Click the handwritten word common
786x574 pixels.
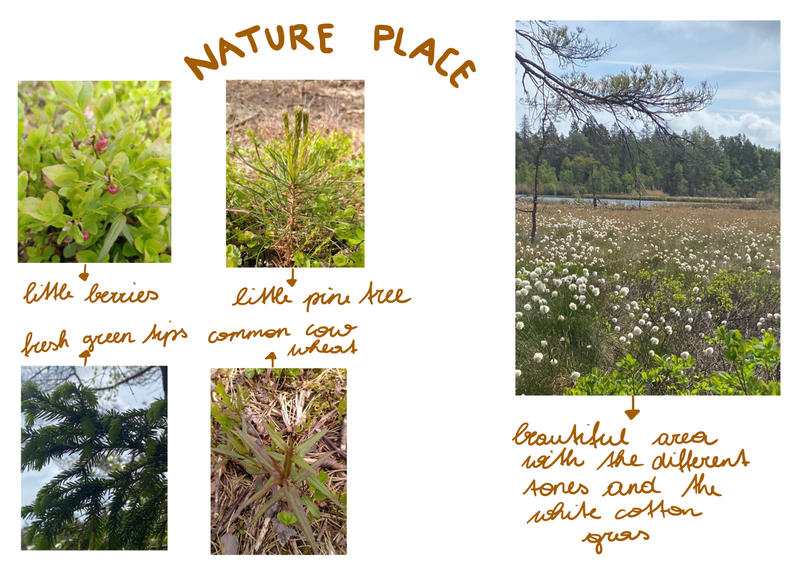click(x=249, y=334)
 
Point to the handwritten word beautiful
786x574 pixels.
click(x=571, y=435)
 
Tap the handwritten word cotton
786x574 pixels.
click(x=658, y=511)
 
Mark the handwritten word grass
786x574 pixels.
click(x=616, y=539)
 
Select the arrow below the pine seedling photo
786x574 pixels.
click(x=292, y=277)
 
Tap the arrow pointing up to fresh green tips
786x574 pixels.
click(x=84, y=358)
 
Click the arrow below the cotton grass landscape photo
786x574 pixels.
click(x=633, y=408)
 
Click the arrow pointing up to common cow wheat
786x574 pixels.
click(x=271, y=360)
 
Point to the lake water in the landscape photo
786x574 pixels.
click(x=614, y=201)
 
